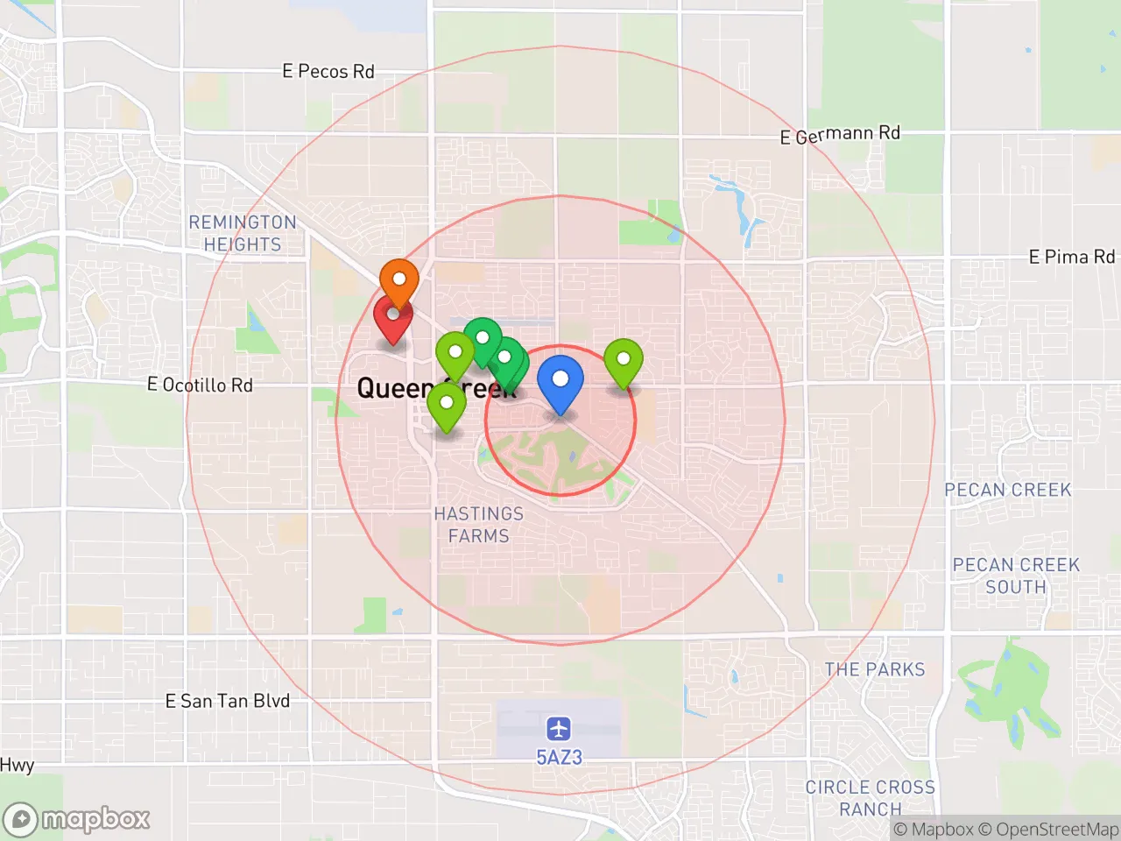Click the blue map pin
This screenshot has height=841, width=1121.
[x=560, y=381]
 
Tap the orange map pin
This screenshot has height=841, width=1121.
[x=398, y=280]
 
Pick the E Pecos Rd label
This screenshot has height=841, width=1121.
[x=328, y=72]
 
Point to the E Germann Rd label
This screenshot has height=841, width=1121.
[x=840, y=134]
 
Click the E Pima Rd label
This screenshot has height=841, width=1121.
[x=1071, y=257]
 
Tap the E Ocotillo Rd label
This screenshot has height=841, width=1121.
[x=200, y=385]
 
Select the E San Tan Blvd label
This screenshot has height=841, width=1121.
[x=227, y=701]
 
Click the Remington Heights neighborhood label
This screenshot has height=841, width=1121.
[x=243, y=233]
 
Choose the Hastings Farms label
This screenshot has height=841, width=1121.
[x=478, y=525]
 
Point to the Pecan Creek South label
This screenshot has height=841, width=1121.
[x=1016, y=576]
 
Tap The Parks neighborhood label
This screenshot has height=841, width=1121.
[x=874, y=669]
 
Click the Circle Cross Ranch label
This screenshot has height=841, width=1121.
[x=870, y=797]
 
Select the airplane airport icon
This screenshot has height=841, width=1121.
[x=559, y=728]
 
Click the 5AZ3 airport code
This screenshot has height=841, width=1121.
[x=559, y=757]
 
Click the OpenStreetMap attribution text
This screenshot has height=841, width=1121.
[x=1047, y=829]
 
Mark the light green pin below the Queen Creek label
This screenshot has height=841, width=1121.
[x=447, y=405]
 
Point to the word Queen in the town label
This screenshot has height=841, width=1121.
[x=394, y=387]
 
